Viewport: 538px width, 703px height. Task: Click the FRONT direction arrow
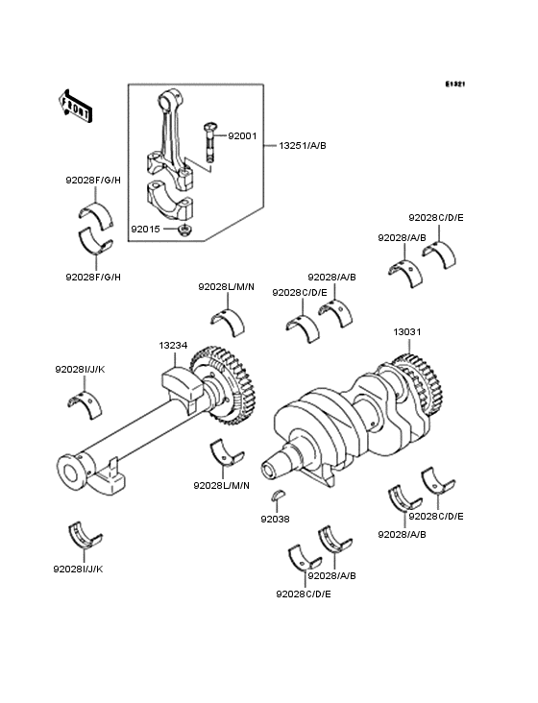[75, 106]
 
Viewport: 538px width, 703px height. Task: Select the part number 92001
[242, 135]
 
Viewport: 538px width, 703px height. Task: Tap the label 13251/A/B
[303, 146]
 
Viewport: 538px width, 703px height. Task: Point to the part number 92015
[145, 230]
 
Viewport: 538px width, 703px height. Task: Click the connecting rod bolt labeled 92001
[209, 141]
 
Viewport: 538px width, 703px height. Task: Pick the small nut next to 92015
[183, 230]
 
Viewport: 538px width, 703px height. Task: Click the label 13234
[173, 346]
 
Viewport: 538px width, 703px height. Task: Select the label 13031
[407, 332]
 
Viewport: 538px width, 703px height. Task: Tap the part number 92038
[276, 520]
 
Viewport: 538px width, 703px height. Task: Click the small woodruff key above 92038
[278, 495]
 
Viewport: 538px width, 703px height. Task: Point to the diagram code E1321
[455, 85]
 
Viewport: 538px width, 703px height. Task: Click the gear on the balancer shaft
[223, 385]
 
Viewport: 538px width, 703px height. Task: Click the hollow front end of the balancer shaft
[72, 472]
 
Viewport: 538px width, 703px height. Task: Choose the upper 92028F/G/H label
[93, 181]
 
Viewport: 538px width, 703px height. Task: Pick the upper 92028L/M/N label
[226, 286]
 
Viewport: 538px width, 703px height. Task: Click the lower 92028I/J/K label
[79, 569]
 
